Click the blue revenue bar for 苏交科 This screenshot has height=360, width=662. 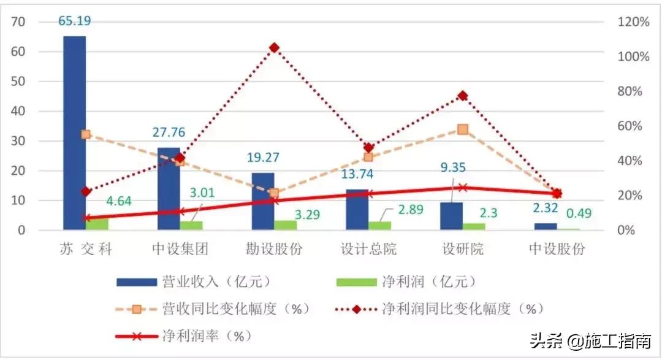(x=74, y=132)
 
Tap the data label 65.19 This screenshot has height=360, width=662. (x=75, y=21)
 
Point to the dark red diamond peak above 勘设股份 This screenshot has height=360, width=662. (x=274, y=48)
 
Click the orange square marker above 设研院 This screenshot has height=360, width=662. (x=463, y=129)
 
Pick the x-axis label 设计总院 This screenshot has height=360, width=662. (x=368, y=249)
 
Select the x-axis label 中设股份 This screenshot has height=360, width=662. (x=557, y=249)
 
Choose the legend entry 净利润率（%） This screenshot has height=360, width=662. (x=199, y=336)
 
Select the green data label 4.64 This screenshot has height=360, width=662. (x=127, y=201)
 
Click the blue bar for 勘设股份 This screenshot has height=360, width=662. (x=263, y=201)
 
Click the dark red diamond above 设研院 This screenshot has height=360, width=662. (x=463, y=96)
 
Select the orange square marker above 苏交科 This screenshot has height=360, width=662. (x=86, y=134)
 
